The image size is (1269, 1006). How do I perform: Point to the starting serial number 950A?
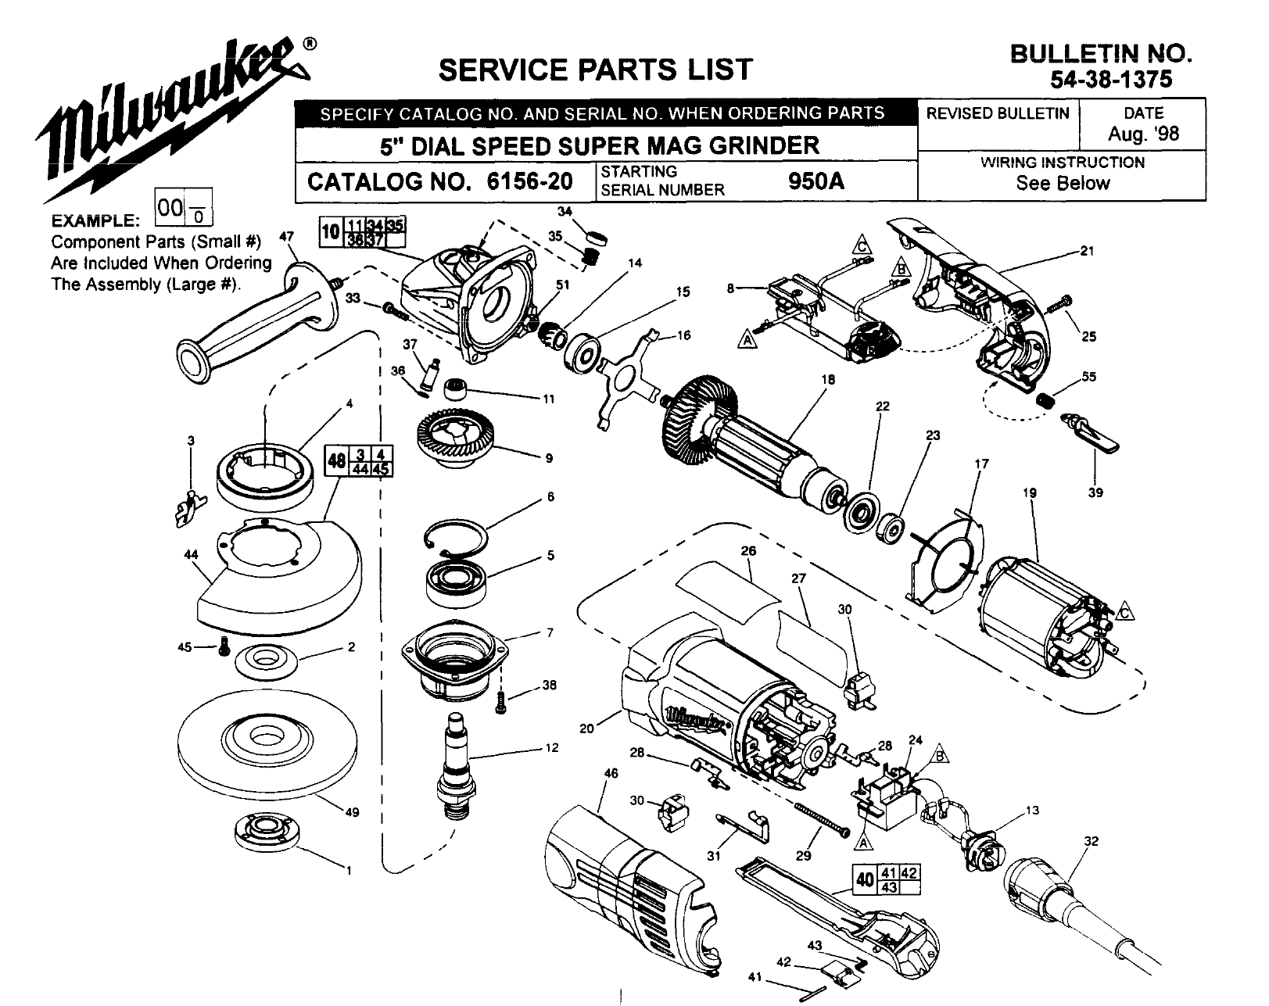(817, 182)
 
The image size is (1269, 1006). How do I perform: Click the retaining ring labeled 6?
(458, 539)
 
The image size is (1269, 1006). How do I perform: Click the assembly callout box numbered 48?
(337, 461)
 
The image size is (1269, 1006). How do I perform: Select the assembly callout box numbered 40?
(865, 879)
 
